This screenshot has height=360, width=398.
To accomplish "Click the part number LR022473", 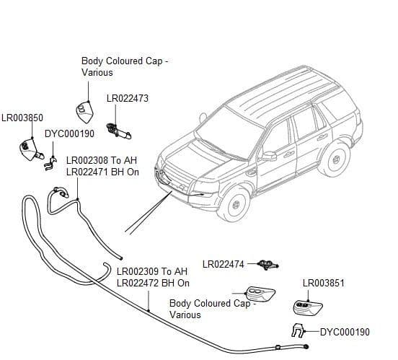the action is click(128, 98).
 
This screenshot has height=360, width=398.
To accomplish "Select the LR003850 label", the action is click(22, 118).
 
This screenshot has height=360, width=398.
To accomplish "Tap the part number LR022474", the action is click(224, 265).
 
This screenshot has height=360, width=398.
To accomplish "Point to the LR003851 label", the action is click(324, 284).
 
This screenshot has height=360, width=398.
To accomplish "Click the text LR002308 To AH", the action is click(102, 161).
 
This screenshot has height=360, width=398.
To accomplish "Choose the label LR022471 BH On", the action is click(102, 172).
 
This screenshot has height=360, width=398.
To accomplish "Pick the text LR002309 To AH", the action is click(152, 271).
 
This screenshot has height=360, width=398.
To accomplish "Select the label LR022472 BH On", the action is click(153, 283).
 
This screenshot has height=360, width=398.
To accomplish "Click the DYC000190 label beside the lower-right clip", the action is click(345, 332).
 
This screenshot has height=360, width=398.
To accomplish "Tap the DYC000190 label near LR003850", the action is click(69, 133).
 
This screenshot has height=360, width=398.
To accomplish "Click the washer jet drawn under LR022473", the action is click(118, 131).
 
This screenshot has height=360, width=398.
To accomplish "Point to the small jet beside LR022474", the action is click(267, 265).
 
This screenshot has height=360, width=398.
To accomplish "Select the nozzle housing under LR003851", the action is click(308, 308).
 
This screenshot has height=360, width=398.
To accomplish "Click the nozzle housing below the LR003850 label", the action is click(30, 149).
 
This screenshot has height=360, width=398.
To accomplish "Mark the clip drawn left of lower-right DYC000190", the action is click(298, 330).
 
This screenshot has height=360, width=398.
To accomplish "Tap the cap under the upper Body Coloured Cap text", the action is click(85, 112).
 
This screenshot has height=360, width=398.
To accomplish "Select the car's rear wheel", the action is click(335, 159).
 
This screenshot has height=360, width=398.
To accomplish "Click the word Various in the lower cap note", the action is click(185, 315).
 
